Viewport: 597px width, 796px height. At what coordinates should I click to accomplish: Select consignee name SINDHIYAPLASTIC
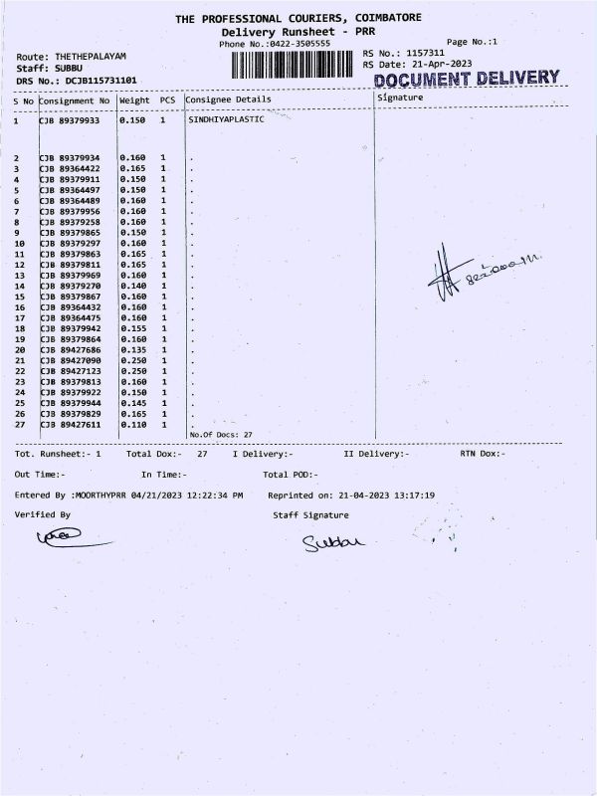click(x=226, y=119)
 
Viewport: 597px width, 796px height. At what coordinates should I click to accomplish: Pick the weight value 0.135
click(x=132, y=350)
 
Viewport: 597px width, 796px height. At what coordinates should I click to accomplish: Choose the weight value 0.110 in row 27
click(x=132, y=424)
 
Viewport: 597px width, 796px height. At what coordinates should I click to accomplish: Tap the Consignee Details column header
click(x=228, y=99)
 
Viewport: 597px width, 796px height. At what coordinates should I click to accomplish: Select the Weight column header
click(x=134, y=99)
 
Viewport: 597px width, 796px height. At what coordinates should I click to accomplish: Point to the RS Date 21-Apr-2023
click(x=437, y=65)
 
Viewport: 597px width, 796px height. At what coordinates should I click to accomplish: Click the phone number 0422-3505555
click(x=298, y=45)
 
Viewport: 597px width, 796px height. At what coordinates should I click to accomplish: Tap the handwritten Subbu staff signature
click(x=334, y=542)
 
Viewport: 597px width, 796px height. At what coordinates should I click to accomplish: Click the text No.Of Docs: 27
click(x=221, y=435)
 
